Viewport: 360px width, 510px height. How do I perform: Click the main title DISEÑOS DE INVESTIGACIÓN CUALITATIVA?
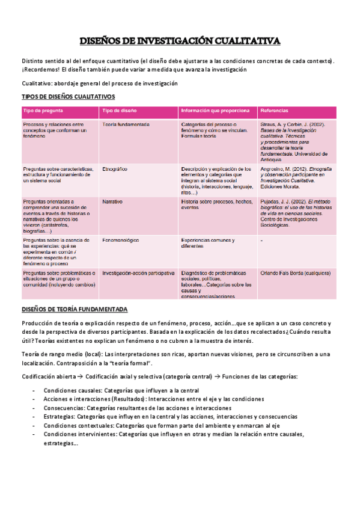pos(180,41)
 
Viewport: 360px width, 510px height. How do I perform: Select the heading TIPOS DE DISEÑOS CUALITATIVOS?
pos(69,97)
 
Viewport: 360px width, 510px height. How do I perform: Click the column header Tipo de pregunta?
pos(43,111)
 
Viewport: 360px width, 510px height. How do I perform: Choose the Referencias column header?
pos(274,111)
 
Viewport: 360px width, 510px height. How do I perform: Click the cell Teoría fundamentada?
pos(126,124)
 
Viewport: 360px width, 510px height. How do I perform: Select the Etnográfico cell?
pos(115,169)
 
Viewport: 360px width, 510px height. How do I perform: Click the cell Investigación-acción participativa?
pos(138,272)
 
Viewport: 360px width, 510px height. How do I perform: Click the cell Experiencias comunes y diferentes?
pos(208,243)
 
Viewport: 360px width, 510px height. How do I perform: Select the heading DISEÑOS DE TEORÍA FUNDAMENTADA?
pos(75,309)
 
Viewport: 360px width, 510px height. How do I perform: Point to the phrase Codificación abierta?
pos(47,376)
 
